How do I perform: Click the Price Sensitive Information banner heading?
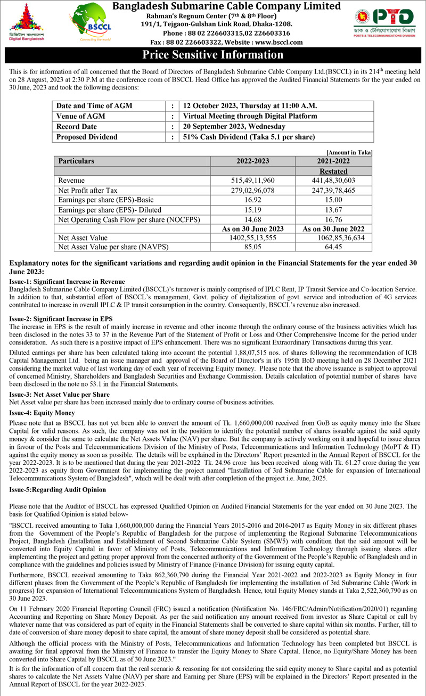click(213, 55)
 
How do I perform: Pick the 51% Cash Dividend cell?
click(249, 137)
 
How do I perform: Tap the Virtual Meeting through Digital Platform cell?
click(250, 116)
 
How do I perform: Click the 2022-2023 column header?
click(252, 161)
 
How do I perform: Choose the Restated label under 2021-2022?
click(333, 171)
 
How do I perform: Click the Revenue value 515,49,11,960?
click(252, 181)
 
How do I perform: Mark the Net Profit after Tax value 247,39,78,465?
click(333, 190)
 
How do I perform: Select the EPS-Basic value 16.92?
click(252, 200)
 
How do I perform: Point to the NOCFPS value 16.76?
click(333, 219)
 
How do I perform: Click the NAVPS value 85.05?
click(252, 247)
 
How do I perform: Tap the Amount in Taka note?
click(349, 152)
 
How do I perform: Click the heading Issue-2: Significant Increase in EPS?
click(61, 318)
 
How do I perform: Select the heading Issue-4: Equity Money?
click(43, 413)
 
